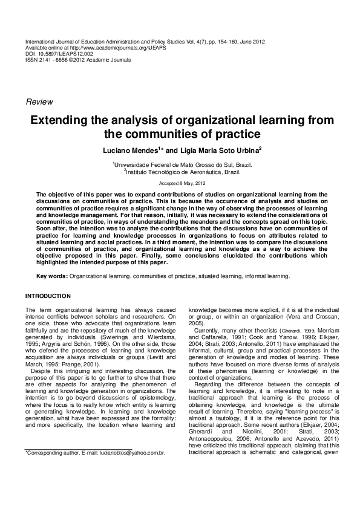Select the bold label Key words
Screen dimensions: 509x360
click(52, 276)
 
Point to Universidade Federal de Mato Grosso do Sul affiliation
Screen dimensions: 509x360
click(183, 164)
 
